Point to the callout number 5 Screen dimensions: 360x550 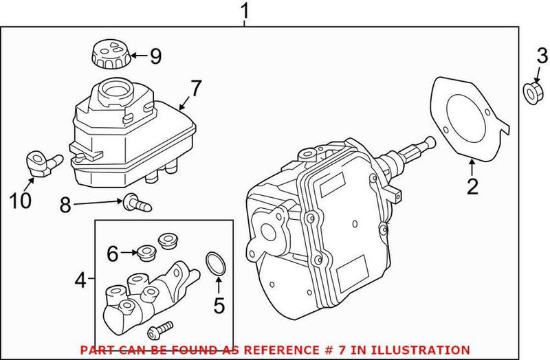click(x=218, y=303)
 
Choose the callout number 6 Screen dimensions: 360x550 click(x=112, y=254)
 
